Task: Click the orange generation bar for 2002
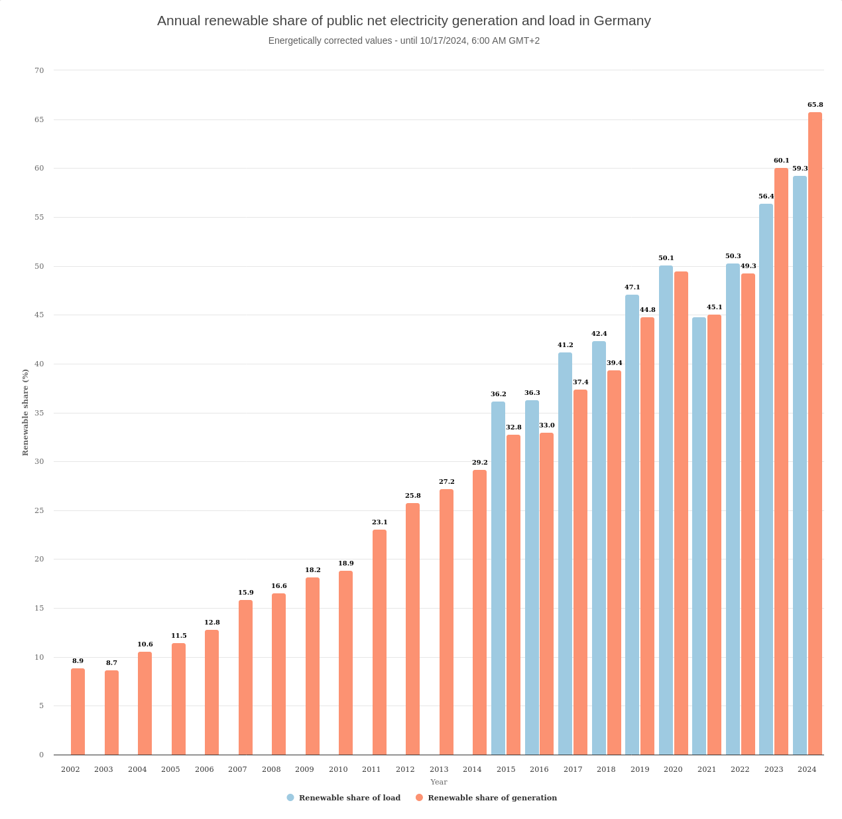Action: tap(78, 711)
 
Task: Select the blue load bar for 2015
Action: tap(498, 578)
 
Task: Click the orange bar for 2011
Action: tap(379, 642)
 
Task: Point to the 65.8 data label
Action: tap(815, 105)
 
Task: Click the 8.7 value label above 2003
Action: tap(111, 663)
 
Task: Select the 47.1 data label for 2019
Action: tap(632, 287)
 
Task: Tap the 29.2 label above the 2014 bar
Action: tap(479, 463)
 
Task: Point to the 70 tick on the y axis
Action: tap(39, 70)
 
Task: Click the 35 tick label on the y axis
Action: tap(39, 413)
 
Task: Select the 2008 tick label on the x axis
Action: tap(271, 769)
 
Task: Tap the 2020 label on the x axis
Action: tap(673, 769)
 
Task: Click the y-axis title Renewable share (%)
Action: tap(25, 412)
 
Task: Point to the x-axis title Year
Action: tap(438, 782)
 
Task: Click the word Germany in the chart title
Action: tap(622, 21)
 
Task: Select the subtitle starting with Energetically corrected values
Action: tap(404, 40)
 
